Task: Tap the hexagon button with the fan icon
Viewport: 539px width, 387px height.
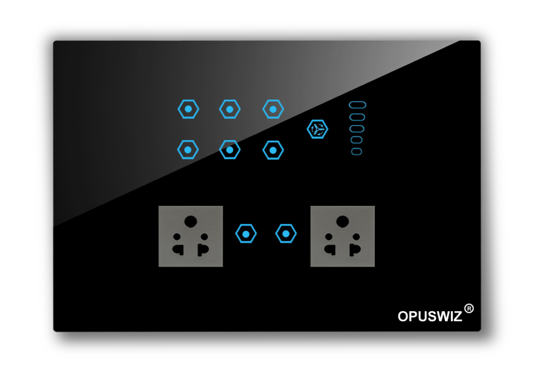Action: tap(317, 130)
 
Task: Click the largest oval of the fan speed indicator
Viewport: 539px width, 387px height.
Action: tap(357, 105)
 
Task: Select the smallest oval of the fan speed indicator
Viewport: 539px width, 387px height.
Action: tap(356, 151)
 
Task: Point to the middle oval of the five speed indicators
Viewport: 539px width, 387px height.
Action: tap(357, 128)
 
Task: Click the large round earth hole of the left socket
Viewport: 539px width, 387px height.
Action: tap(191, 222)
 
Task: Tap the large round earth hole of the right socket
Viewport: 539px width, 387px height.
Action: tap(342, 222)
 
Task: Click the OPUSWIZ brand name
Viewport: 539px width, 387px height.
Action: tap(430, 316)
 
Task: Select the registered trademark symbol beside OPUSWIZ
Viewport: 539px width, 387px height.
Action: tap(469, 309)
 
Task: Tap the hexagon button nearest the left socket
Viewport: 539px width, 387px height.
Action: tap(246, 234)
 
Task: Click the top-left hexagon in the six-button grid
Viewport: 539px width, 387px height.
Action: tap(188, 109)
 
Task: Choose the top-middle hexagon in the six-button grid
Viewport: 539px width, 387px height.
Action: tap(229, 109)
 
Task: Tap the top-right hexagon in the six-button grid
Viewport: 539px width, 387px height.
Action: tap(273, 109)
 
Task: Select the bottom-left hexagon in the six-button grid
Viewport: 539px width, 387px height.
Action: tap(188, 150)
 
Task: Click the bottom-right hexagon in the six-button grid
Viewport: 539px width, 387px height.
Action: tap(273, 151)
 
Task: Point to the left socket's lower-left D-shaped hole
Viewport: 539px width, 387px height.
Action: tap(178, 250)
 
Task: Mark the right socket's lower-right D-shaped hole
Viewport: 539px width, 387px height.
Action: tap(355, 250)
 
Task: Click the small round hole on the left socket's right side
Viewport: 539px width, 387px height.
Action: tap(204, 236)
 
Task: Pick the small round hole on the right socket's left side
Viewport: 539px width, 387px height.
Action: tap(328, 236)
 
